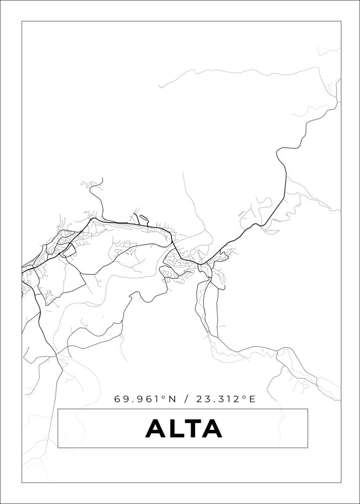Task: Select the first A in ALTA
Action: pos(156,429)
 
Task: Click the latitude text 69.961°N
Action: pos(145,399)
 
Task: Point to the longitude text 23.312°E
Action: pos(226,399)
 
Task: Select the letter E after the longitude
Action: pos(252,399)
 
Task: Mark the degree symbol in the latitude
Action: pos(163,397)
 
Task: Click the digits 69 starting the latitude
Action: pos(121,399)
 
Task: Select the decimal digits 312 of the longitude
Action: pos(229,399)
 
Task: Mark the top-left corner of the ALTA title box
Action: pos(58,409)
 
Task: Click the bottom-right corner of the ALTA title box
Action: pos(308,448)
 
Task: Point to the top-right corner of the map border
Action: pos(341,21)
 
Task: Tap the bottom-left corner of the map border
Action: pos(22,482)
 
